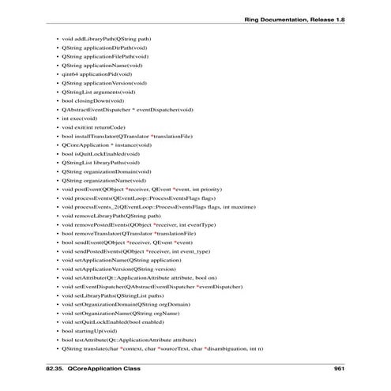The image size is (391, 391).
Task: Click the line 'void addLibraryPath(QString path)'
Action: (x=107, y=38)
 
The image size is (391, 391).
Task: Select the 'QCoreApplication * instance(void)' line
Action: (x=106, y=145)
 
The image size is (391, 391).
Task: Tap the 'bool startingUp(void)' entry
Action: (x=91, y=330)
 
